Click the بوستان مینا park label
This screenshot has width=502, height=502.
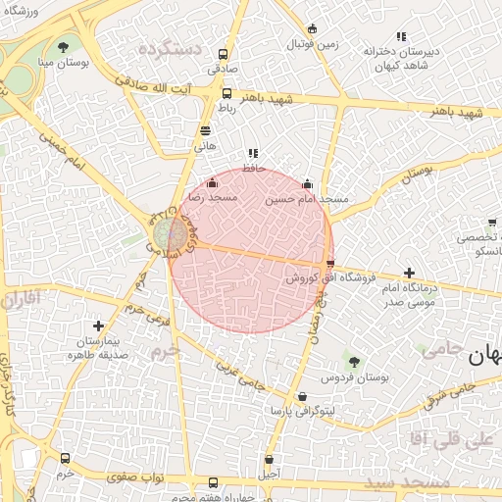pyautogui.click(x=63, y=62)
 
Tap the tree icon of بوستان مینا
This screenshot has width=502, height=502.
pyautogui.click(x=63, y=46)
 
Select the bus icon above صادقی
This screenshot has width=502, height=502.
pyautogui.click(x=224, y=55)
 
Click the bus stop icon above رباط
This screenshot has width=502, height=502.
pyautogui.click(x=227, y=94)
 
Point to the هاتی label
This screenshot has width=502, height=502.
pyautogui.click(x=205, y=144)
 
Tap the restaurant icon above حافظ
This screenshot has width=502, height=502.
pyautogui.click(x=253, y=152)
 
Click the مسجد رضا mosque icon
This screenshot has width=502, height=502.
pyautogui.click(x=212, y=182)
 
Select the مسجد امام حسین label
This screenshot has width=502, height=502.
pyautogui.click(x=307, y=198)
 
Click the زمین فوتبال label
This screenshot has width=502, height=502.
pyautogui.click(x=313, y=44)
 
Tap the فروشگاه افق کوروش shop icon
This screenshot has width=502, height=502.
pyautogui.click(x=329, y=263)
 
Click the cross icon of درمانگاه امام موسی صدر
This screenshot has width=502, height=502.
pyautogui.click(x=409, y=273)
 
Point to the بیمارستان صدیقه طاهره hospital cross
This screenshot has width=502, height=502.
pyautogui.click(x=98, y=326)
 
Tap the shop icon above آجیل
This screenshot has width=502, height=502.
pyautogui.click(x=269, y=459)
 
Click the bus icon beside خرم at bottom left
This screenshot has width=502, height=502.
pyautogui.click(x=65, y=458)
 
